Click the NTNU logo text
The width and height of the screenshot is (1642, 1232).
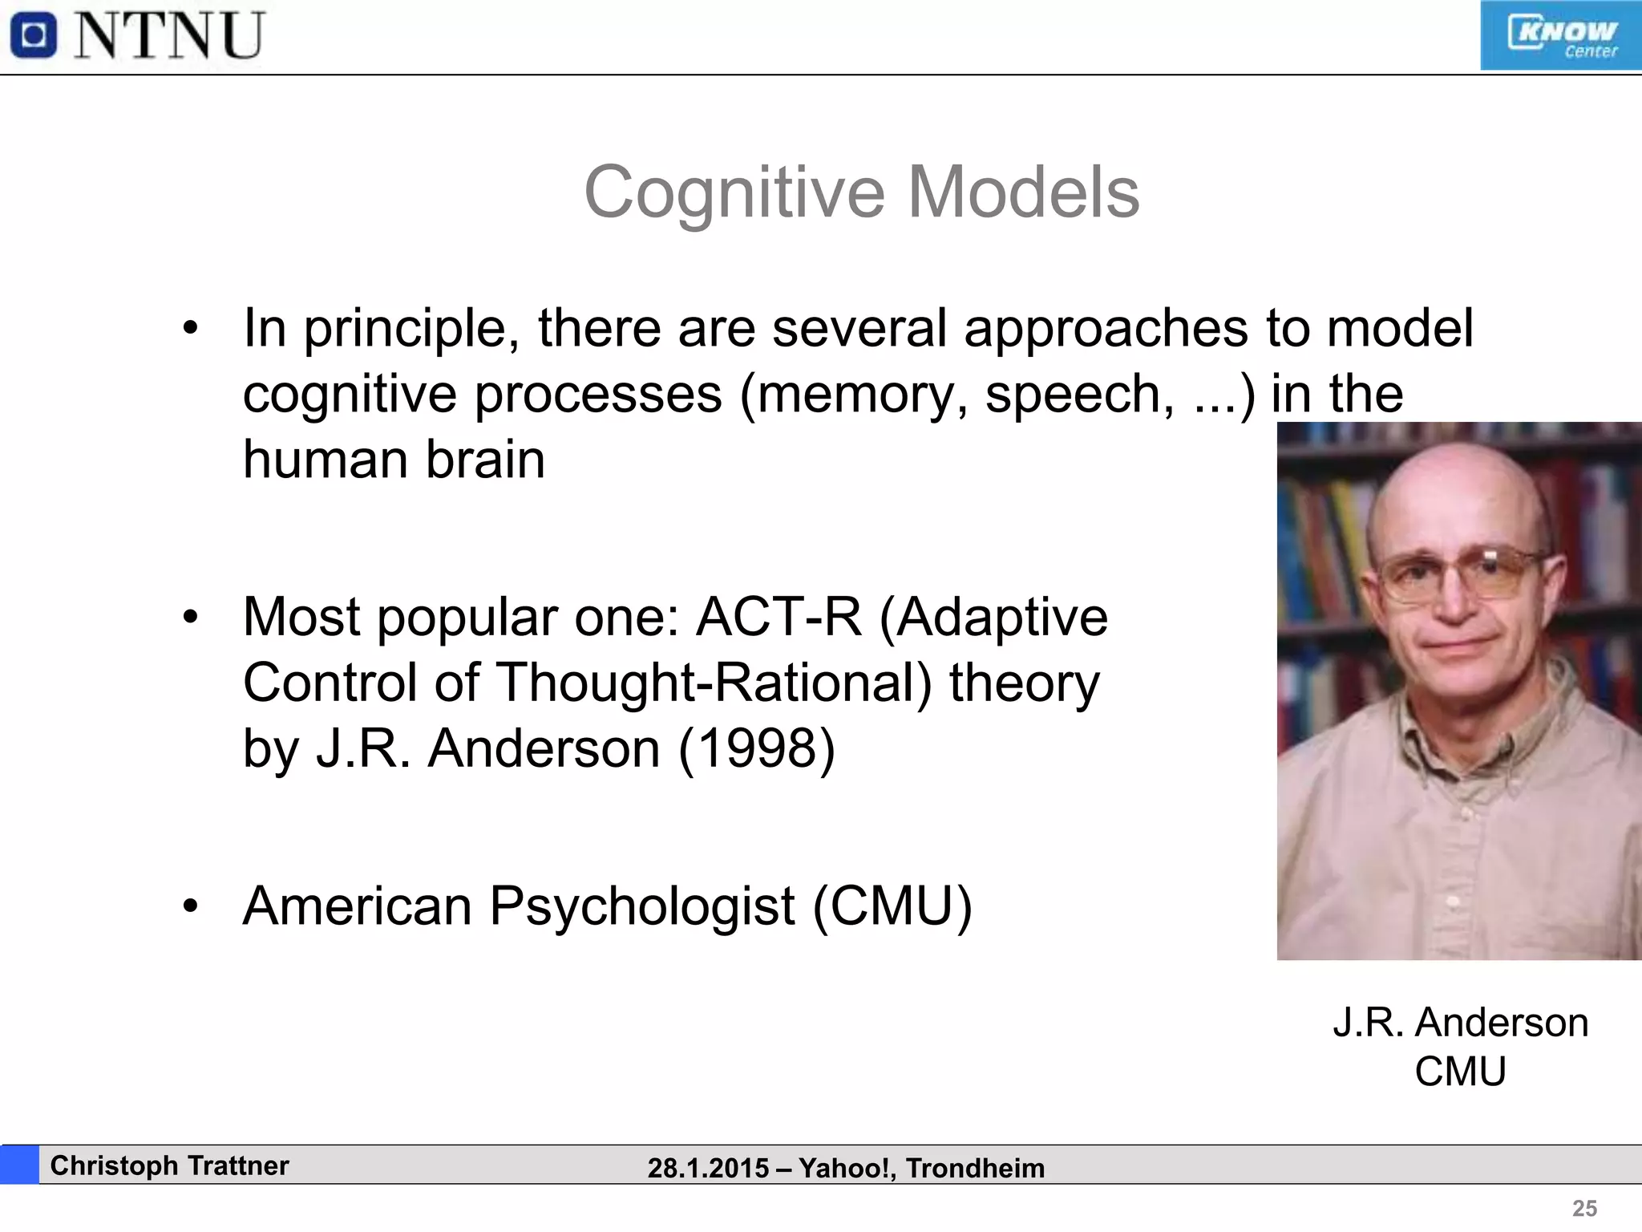pos(170,36)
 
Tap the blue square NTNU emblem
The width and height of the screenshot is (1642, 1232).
pos(34,36)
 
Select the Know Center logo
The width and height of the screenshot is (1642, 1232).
pos(1560,36)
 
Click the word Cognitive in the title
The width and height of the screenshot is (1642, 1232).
pos(734,192)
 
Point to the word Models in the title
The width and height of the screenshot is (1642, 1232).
pos(1023,192)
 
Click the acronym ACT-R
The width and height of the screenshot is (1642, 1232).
pos(779,617)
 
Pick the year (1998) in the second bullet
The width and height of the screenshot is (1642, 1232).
pos(757,748)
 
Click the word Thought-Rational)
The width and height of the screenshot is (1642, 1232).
pos(714,683)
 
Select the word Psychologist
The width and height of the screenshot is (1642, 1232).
pos(642,906)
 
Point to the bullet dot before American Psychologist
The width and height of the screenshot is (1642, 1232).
pos(190,906)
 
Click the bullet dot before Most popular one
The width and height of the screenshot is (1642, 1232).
pos(190,618)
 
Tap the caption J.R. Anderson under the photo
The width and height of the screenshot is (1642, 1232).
pos(1460,1023)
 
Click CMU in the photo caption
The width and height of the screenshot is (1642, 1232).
pos(1460,1072)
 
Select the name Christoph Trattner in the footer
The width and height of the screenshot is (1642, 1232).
pos(169,1165)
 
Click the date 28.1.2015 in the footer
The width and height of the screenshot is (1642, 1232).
pos(708,1168)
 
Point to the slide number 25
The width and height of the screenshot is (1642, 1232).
pos(1584,1208)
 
